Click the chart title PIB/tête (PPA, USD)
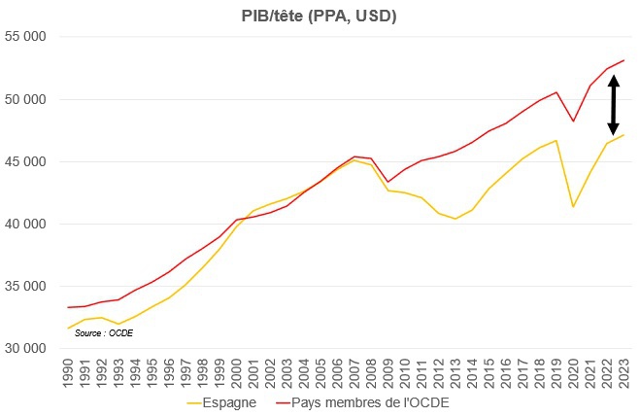320,17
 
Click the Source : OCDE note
104,332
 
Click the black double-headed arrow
613,106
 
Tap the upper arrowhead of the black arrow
613,81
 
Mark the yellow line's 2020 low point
573,206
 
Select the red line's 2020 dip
573,122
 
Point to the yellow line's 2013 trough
455,219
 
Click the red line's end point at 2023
623,60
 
